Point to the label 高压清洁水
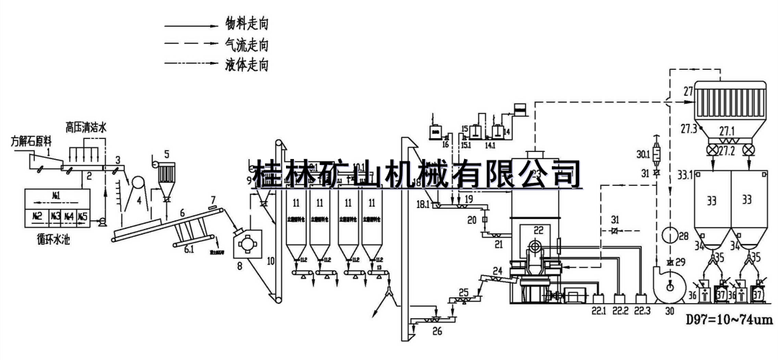[x=86, y=127]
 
